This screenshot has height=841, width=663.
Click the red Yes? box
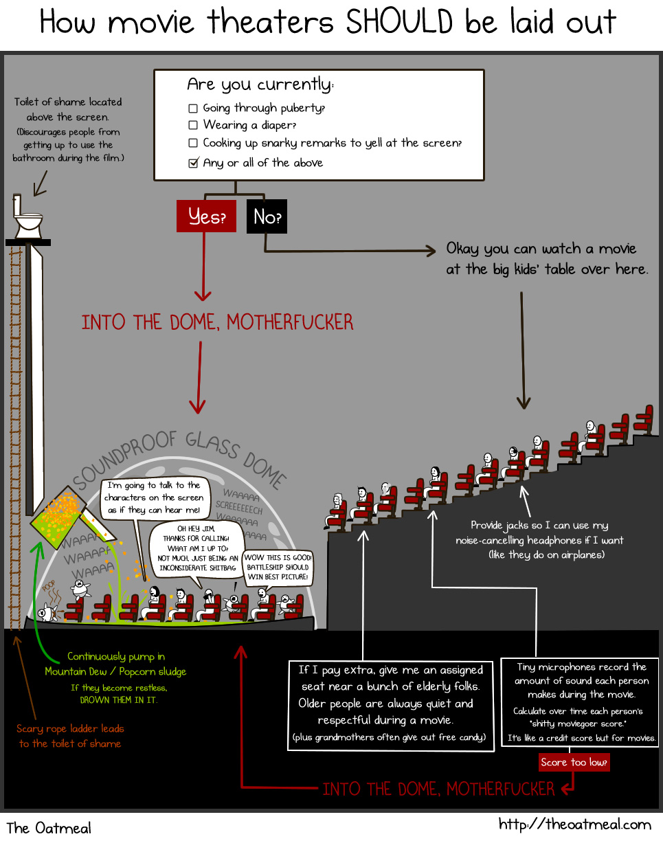point(206,216)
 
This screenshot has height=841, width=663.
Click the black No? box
point(267,216)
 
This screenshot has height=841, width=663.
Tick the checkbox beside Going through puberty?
point(193,109)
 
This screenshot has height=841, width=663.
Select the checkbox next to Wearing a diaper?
point(193,125)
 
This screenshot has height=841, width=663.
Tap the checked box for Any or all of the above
point(193,163)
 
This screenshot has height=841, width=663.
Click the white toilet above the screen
point(27,216)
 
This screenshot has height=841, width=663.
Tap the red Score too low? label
point(574,762)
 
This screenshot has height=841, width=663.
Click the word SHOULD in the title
point(399,22)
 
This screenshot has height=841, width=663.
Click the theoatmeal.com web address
point(575,825)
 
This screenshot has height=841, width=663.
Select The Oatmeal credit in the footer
point(49,828)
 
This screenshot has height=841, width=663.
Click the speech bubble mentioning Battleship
point(278,568)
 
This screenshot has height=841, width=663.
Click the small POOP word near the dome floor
point(49,586)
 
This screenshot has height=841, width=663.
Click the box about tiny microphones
point(580,702)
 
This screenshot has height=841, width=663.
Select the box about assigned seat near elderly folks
point(390,706)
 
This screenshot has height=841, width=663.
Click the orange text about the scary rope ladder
point(70,736)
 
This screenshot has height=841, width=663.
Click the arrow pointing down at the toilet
point(40,183)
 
